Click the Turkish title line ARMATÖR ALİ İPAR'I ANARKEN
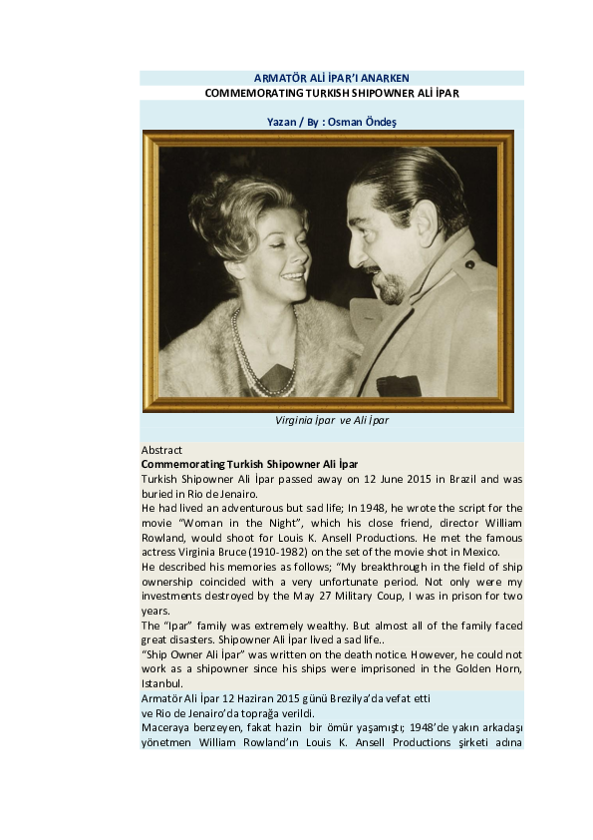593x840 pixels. pos(332,78)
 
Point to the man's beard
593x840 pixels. pos(390,289)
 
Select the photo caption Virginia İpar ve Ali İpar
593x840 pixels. pos(331,420)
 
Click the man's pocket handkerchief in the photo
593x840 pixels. pos(398,384)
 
